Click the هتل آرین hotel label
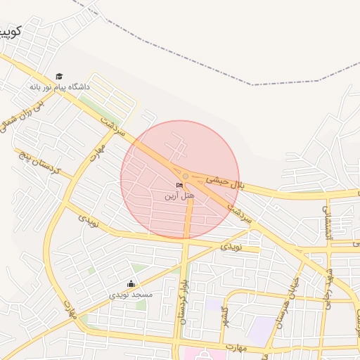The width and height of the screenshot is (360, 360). pos(179,195)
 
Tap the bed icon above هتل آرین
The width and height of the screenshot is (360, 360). pos(180,185)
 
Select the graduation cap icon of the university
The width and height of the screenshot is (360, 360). pos(59,76)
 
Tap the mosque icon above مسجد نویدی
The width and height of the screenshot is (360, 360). pos(131,283)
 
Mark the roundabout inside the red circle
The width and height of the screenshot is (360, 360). pos(185,176)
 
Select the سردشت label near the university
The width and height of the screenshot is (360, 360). pos(112,127)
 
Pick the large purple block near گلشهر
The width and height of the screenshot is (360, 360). pos(262,330)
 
